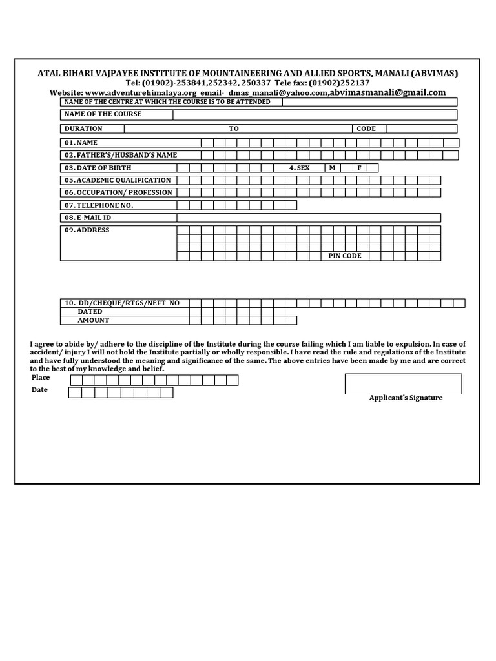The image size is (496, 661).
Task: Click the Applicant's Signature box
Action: tap(403, 383)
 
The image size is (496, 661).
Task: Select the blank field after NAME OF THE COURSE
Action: tap(315, 114)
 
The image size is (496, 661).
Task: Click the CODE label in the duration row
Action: tap(366, 128)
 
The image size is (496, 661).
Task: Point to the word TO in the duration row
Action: tap(233, 128)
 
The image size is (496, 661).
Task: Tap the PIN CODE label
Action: tap(345, 256)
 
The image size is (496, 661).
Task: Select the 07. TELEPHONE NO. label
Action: tap(98, 205)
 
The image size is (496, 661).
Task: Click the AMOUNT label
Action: tap(94, 320)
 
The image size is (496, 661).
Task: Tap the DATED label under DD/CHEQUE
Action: tap(90, 312)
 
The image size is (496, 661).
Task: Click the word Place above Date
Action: tap(41, 378)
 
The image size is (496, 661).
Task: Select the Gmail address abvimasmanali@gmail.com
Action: tap(387, 92)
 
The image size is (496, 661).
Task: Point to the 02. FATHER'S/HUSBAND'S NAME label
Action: tap(120, 156)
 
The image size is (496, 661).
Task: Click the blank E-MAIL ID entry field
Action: tap(309, 218)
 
